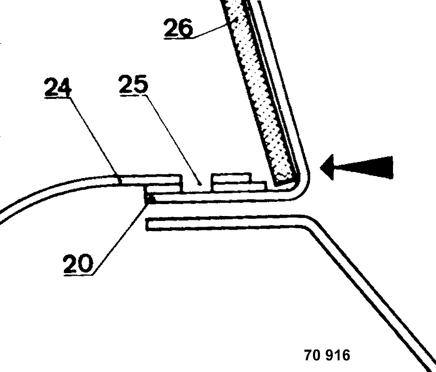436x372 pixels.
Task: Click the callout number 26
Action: click(178, 27)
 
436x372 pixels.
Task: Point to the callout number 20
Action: click(77, 263)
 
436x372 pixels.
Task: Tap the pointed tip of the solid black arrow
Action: click(320, 168)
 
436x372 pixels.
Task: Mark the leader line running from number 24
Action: click(94, 138)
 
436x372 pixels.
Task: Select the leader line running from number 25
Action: click(172, 138)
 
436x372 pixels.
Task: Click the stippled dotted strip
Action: click(261, 92)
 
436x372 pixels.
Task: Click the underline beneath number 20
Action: click(78, 274)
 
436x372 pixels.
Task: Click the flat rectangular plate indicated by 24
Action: click(150, 180)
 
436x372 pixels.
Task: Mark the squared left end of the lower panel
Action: click(148, 225)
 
